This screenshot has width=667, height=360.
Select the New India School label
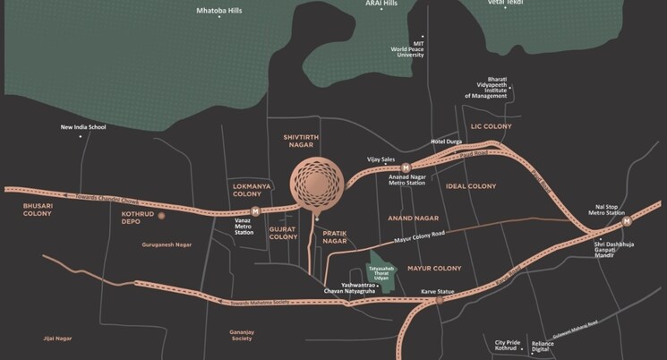pos(83,127)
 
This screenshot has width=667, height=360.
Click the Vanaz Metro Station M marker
pos(255,211)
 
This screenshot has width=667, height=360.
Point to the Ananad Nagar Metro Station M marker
pos(406,167)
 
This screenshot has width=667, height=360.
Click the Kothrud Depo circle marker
pos(162,216)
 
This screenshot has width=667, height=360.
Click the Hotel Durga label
pos(448,142)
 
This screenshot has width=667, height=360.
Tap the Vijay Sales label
pos(381,159)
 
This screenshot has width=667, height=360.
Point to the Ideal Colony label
pos(470,185)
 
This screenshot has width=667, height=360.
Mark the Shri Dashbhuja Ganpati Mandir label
pos(617,248)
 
